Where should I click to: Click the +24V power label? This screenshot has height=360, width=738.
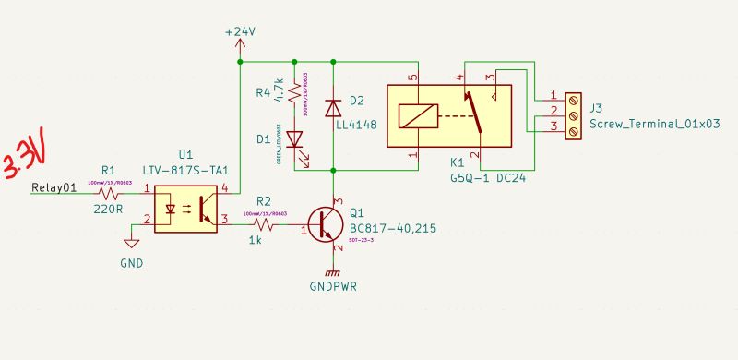tap(240, 31)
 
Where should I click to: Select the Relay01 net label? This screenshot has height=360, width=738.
tap(53, 189)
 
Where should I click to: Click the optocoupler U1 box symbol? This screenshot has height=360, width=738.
tap(184, 209)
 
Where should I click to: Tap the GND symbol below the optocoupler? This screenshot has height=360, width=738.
tap(132, 244)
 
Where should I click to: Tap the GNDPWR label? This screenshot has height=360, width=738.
tap(333, 286)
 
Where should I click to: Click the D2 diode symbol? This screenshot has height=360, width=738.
tap(333, 108)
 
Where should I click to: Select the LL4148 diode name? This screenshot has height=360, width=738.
tap(356, 123)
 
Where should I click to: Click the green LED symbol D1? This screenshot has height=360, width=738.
tap(294, 140)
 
